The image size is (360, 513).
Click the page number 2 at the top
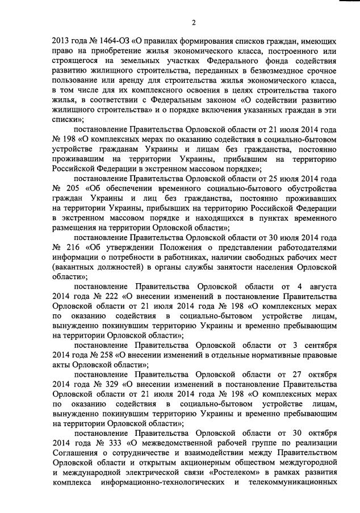[194, 22]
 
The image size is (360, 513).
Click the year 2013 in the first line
[61, 41]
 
